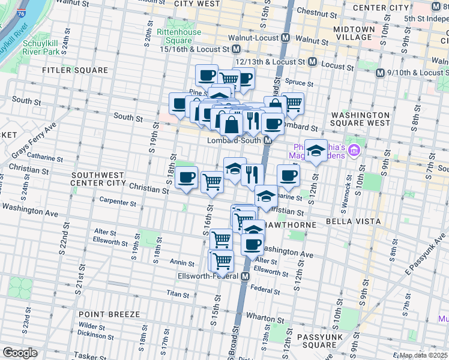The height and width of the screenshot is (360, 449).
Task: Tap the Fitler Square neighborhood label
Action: click(75, 70)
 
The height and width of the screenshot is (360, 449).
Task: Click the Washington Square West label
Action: click(360, 119)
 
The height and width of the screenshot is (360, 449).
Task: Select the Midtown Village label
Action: click(354, 33)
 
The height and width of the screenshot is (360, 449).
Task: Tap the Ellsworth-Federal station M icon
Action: click(245, 276)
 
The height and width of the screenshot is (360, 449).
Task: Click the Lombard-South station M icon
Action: click(268, 140)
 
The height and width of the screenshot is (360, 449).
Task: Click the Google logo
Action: click(20, 353)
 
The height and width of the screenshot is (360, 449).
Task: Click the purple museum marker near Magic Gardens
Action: click(354, 148)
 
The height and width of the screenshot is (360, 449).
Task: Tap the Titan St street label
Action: click(178, 295)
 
